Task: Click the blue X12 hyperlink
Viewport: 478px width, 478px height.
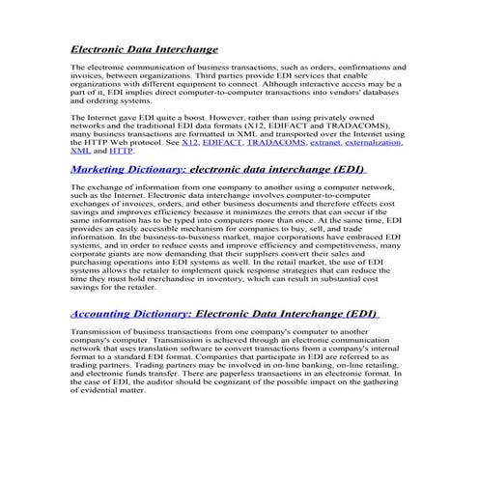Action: pos(190,143)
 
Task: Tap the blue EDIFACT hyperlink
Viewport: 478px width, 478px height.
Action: pos(222,143)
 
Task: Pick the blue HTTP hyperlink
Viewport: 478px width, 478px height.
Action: pos(121,152)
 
